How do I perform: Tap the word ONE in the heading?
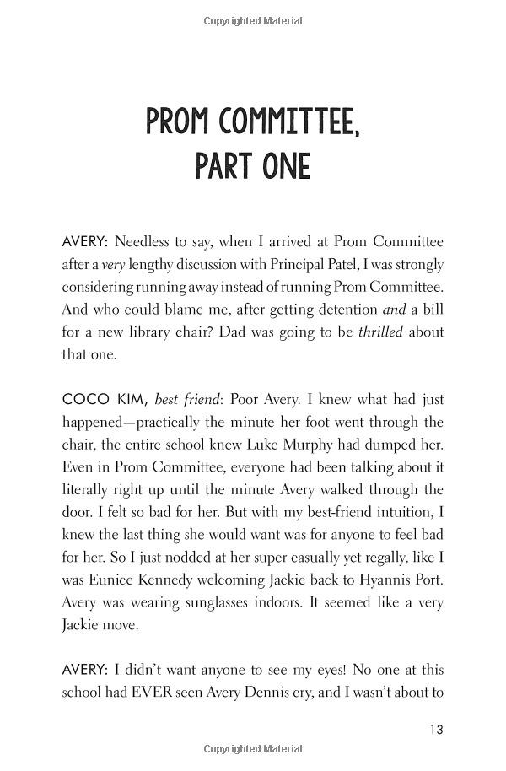pos(280,167)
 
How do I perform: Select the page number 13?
pos(435,730)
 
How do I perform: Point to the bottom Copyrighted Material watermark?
pos(253,749)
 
